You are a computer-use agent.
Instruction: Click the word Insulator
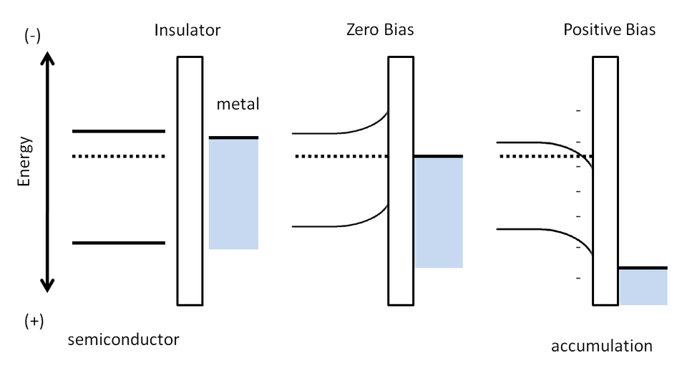click(187, 30)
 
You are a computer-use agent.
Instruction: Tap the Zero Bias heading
click(380, 30)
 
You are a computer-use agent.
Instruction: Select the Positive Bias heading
click(610, 30)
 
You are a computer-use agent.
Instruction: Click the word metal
click(238, 104)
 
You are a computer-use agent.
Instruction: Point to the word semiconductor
click(124, 339)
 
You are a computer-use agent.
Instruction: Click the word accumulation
click(602, 346)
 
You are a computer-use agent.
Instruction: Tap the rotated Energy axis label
click(24, 161)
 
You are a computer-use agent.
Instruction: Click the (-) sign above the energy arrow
click(32, 36)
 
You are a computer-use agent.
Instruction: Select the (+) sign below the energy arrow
click(34, 321)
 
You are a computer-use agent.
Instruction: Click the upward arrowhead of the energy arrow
click(47, 58)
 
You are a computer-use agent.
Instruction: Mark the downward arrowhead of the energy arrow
click(47, 286)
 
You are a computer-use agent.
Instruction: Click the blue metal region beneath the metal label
click(233, 194)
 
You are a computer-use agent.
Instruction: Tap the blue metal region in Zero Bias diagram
click(439, 213)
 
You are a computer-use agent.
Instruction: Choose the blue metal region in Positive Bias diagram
click(643, 287)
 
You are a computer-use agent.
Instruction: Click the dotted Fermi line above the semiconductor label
click(119, 156)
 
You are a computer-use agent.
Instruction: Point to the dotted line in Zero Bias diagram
click(342, 156)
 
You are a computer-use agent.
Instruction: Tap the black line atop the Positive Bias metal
click(643, 268)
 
